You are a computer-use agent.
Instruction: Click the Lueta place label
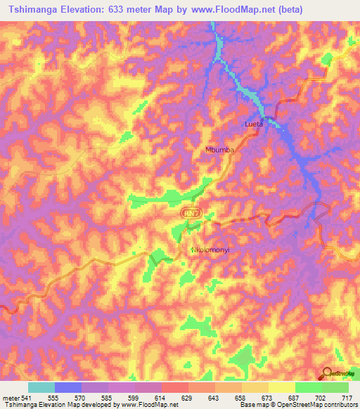[x=253, y=124]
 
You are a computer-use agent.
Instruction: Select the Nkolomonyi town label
[x=211, y=250]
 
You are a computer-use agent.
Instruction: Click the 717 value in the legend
[x=347, y=398]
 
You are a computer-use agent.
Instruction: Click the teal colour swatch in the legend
[x=41, y=387]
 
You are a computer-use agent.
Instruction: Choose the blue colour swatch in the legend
[x=68, y=387]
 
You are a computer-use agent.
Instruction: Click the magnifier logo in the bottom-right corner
[x=328, y=374]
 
